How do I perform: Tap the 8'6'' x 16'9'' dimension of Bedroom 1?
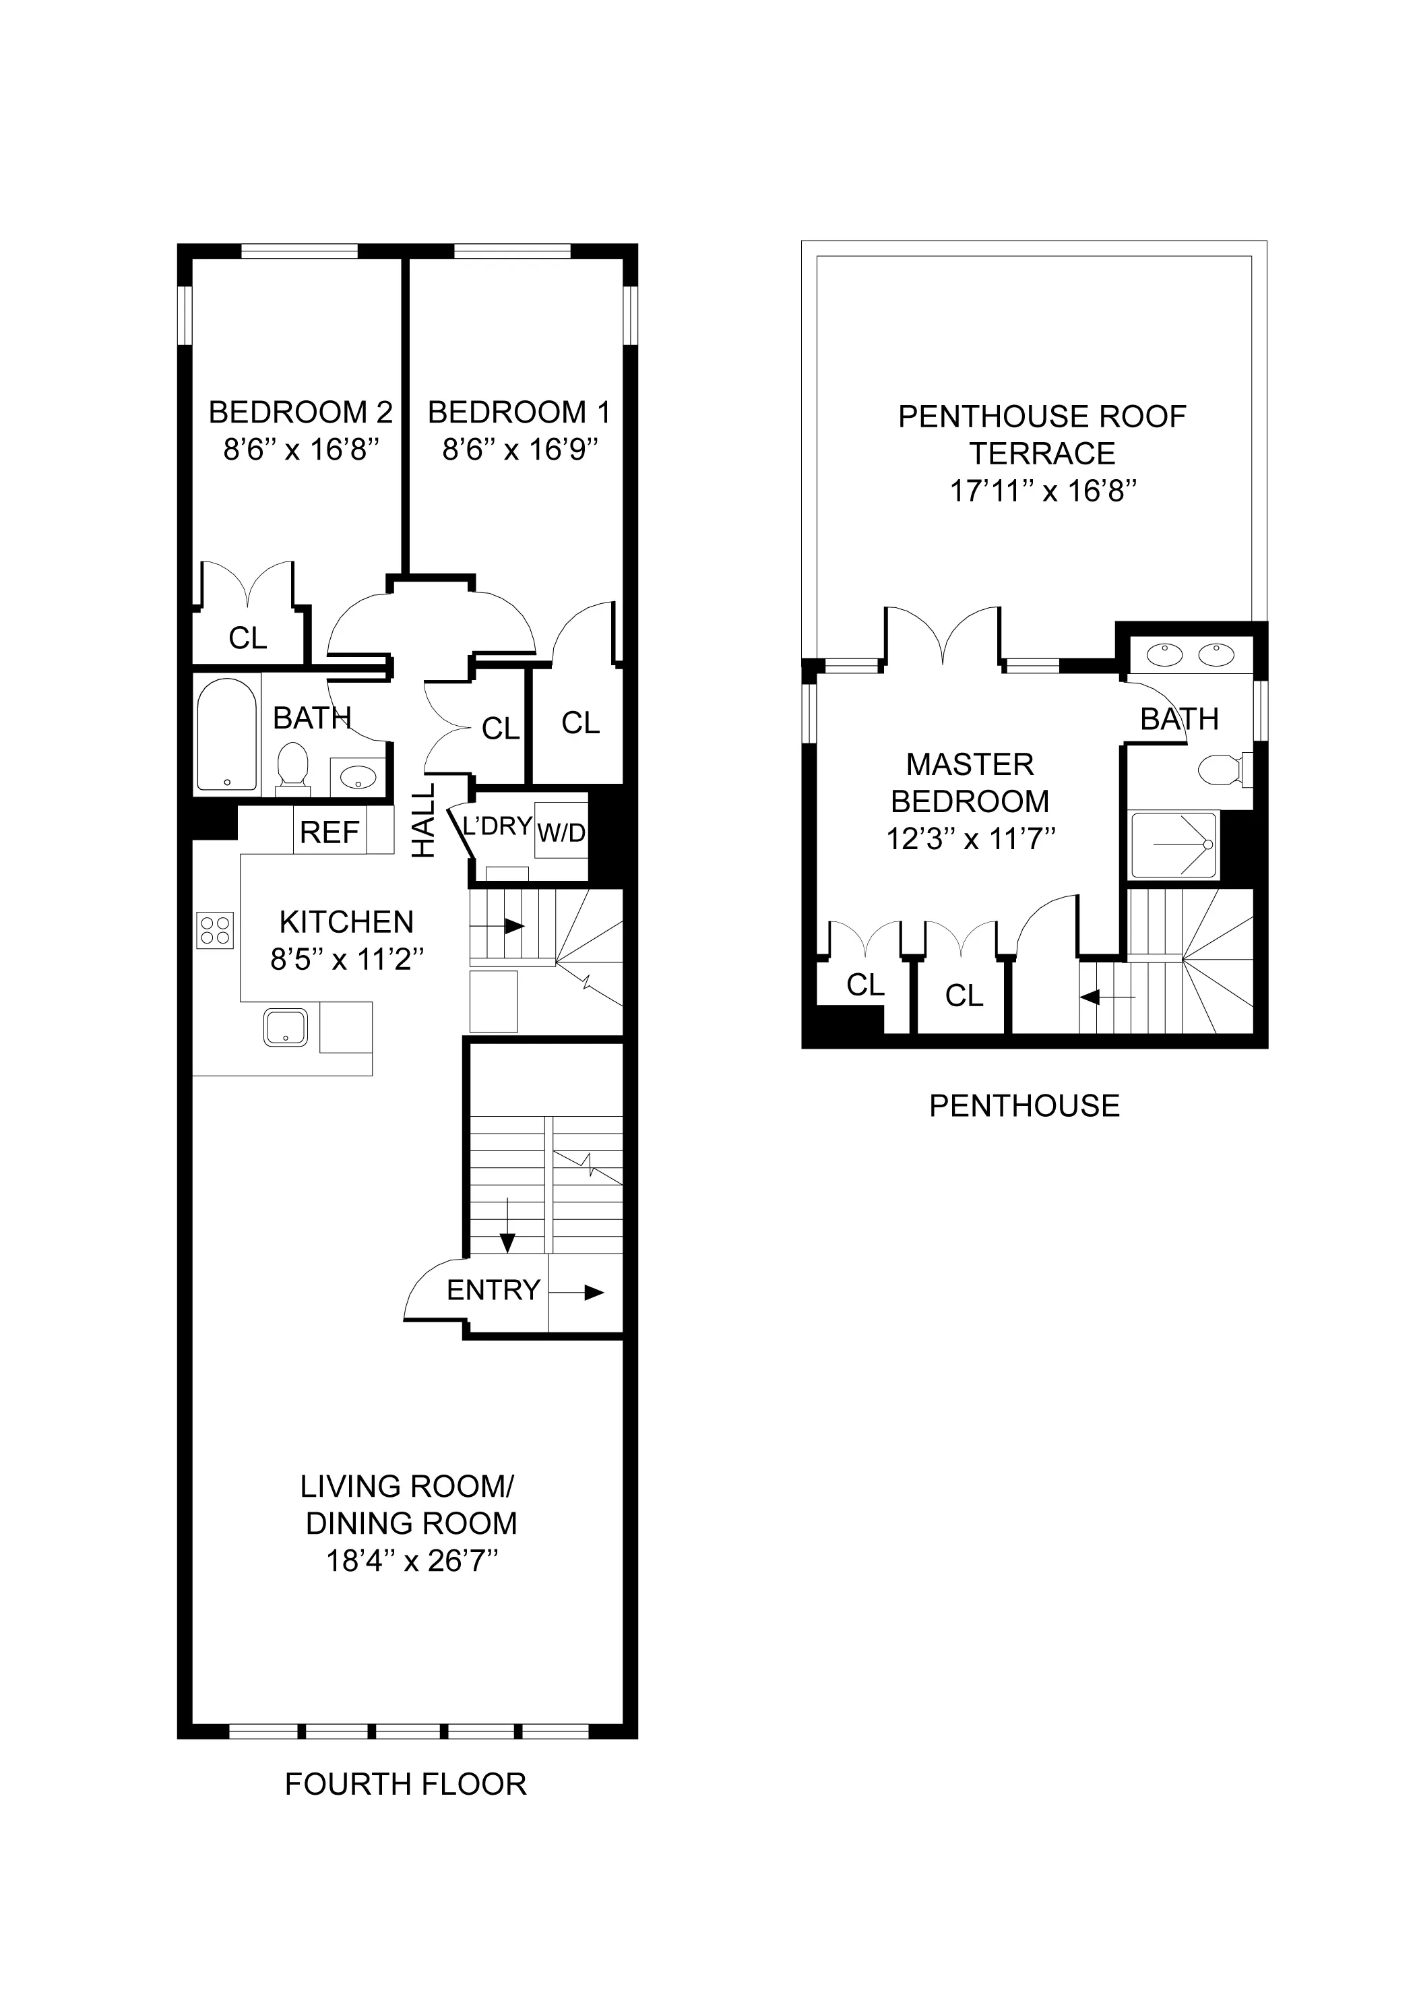(x=519, y=449)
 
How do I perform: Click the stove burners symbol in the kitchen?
(x=216, y=929)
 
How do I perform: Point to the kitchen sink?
(x=286, y=1027)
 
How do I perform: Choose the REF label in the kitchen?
(x=329, y=832)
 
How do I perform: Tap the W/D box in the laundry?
(x=561, y=832)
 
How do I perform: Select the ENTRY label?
(x=493, y=1290)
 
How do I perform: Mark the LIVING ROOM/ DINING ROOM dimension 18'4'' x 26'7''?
(x=412, y=1560)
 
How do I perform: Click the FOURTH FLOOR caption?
(x=406, y=1784)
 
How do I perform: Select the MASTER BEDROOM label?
(x=970, y=782)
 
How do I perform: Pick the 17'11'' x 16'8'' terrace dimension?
(x=1042, y=491)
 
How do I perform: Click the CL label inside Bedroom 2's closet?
(x=248, y=638)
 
